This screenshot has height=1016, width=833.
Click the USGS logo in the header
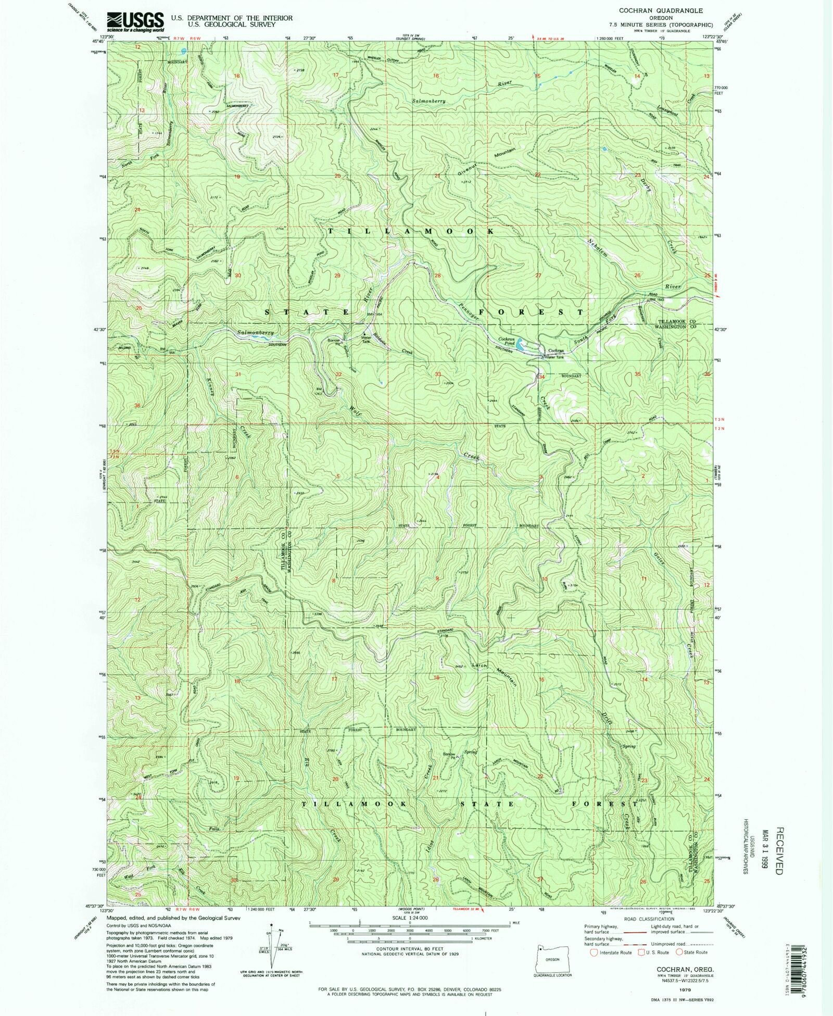point(135,21)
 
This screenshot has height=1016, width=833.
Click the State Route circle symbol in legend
point(679,952)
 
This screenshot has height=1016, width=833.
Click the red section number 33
point(438,374)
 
